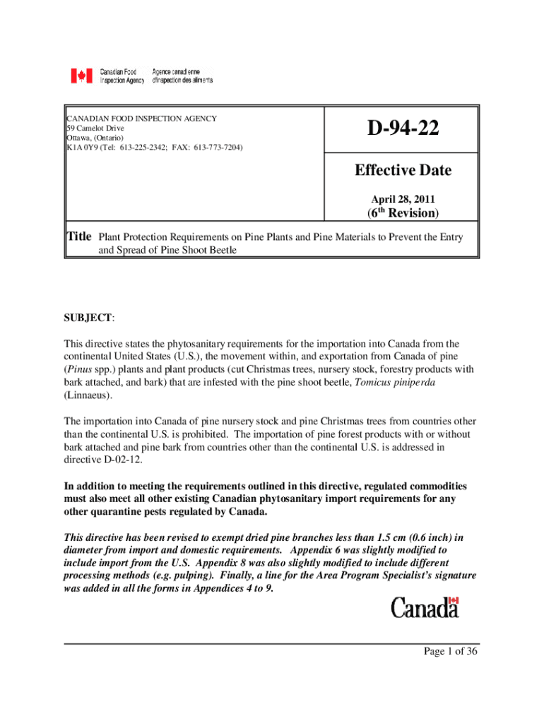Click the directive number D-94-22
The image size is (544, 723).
click(402, 129)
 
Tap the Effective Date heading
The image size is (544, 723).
click(402, 170)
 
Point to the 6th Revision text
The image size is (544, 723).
click(402, 212)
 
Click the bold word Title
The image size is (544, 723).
click(79, 237)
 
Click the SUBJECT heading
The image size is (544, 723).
click(88, 318)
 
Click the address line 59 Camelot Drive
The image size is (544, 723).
click(95, 129)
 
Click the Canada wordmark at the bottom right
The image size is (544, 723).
click(425, 607)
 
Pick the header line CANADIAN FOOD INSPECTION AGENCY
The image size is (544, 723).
click(141, 119)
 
